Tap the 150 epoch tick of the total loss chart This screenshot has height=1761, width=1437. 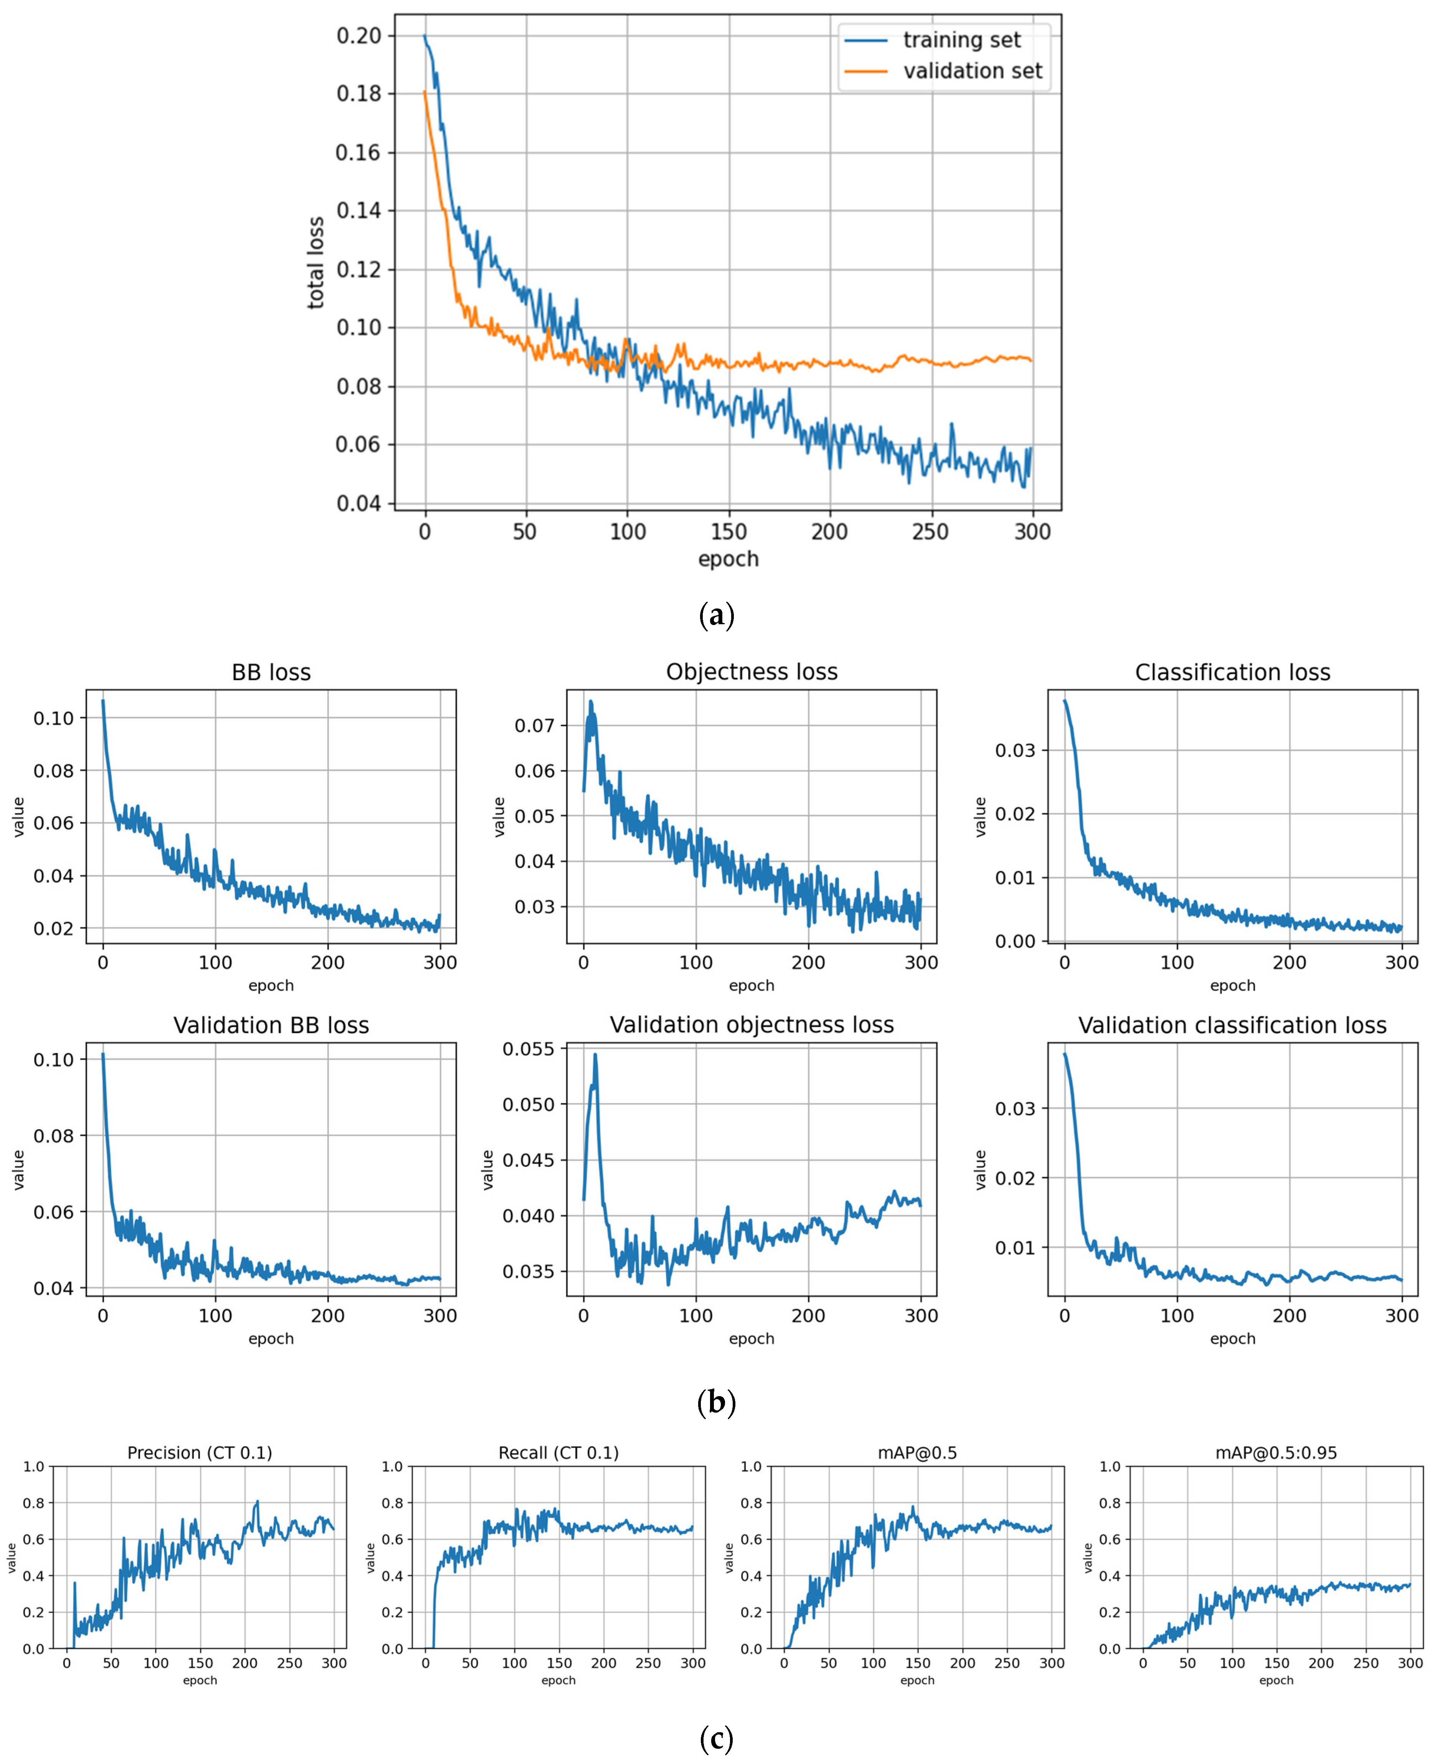[728, 531]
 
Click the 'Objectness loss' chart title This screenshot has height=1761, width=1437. [752, 672]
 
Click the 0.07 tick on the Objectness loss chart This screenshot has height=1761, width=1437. [534, 726]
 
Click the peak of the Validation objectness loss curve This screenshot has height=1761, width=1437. [594, 1054]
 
